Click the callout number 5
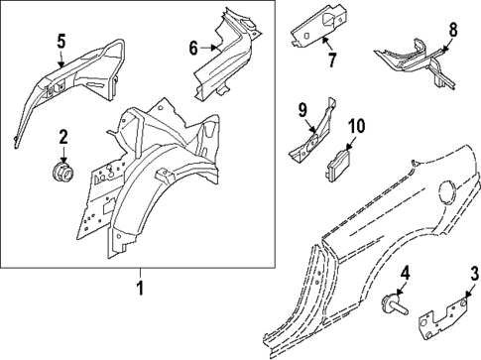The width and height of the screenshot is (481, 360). (x=60, y=41)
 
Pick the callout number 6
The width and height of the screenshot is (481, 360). (x=193, y=46)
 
